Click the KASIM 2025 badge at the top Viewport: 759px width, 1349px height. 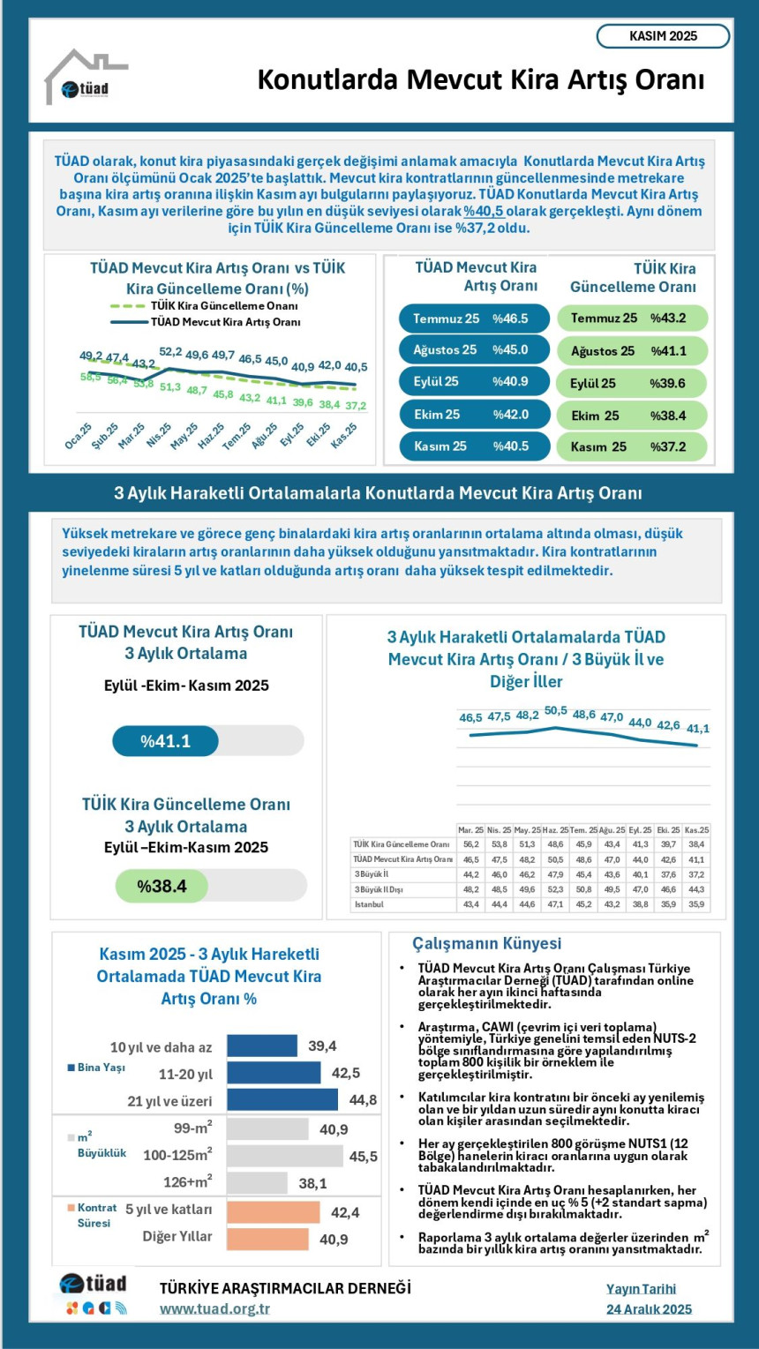tap(663, 36)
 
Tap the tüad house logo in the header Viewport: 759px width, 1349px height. tap(85, 79)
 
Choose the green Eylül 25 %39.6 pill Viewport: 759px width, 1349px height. tap(632, 383)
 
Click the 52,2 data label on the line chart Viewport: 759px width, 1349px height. tap(170, 352)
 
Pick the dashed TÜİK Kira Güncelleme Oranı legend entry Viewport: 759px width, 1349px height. tap(203, 305)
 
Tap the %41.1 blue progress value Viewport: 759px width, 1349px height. tap(166, 741)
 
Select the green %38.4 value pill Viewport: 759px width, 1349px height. tap(162, 886)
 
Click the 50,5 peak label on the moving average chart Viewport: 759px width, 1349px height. tap(556, 710)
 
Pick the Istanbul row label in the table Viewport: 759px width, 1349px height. tap(370, 904)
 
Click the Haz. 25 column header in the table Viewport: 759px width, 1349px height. tap(554, 830)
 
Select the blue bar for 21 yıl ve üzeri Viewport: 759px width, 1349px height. tap(282, 1099)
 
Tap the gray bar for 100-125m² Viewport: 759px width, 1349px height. tap(284, 1156)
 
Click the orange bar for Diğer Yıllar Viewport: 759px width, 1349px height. tap(267, 1239)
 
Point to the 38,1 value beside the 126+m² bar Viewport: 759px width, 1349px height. tap(312, 1183)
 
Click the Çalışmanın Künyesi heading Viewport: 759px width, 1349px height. tap(486, 943)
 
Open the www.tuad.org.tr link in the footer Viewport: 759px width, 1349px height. tap(214, 1308)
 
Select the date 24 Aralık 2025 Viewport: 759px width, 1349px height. tap(649, 1308)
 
